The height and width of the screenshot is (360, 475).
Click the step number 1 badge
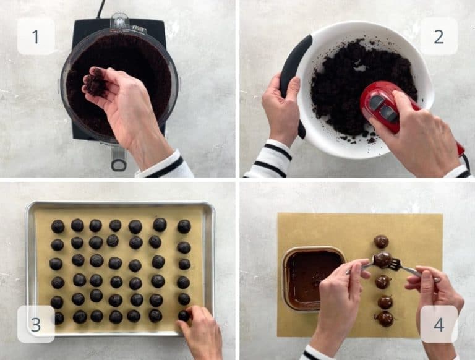pos(35,36)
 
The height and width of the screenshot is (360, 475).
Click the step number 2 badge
pos(439,36)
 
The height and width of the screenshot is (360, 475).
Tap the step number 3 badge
pos(35,324)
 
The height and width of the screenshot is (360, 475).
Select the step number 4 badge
pos(439,324)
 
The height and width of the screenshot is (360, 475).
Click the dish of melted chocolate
pos(313,278)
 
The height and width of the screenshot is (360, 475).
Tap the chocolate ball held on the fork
pos(382,260)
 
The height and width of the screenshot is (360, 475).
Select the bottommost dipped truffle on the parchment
pos(385,319)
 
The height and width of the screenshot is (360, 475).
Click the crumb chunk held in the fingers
pos(96,83)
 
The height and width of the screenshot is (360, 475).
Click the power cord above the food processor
pos(101,7)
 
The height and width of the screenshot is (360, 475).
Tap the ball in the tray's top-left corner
pos(58,226)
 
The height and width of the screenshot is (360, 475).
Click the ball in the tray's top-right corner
pos(184,226)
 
